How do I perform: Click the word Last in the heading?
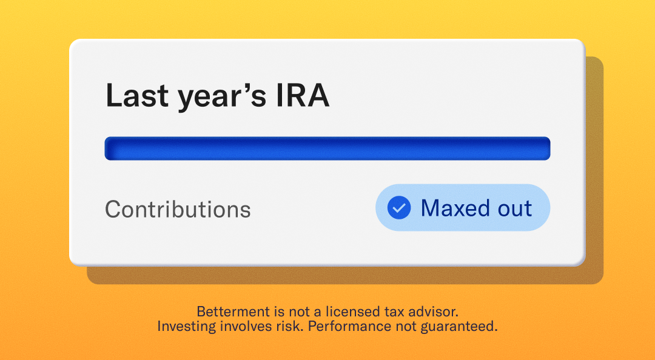[x=137, y=96]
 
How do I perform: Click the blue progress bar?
[x=327, y=148]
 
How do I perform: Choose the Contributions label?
[x=178, y=210]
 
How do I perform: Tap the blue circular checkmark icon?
[x=398, y=208]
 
